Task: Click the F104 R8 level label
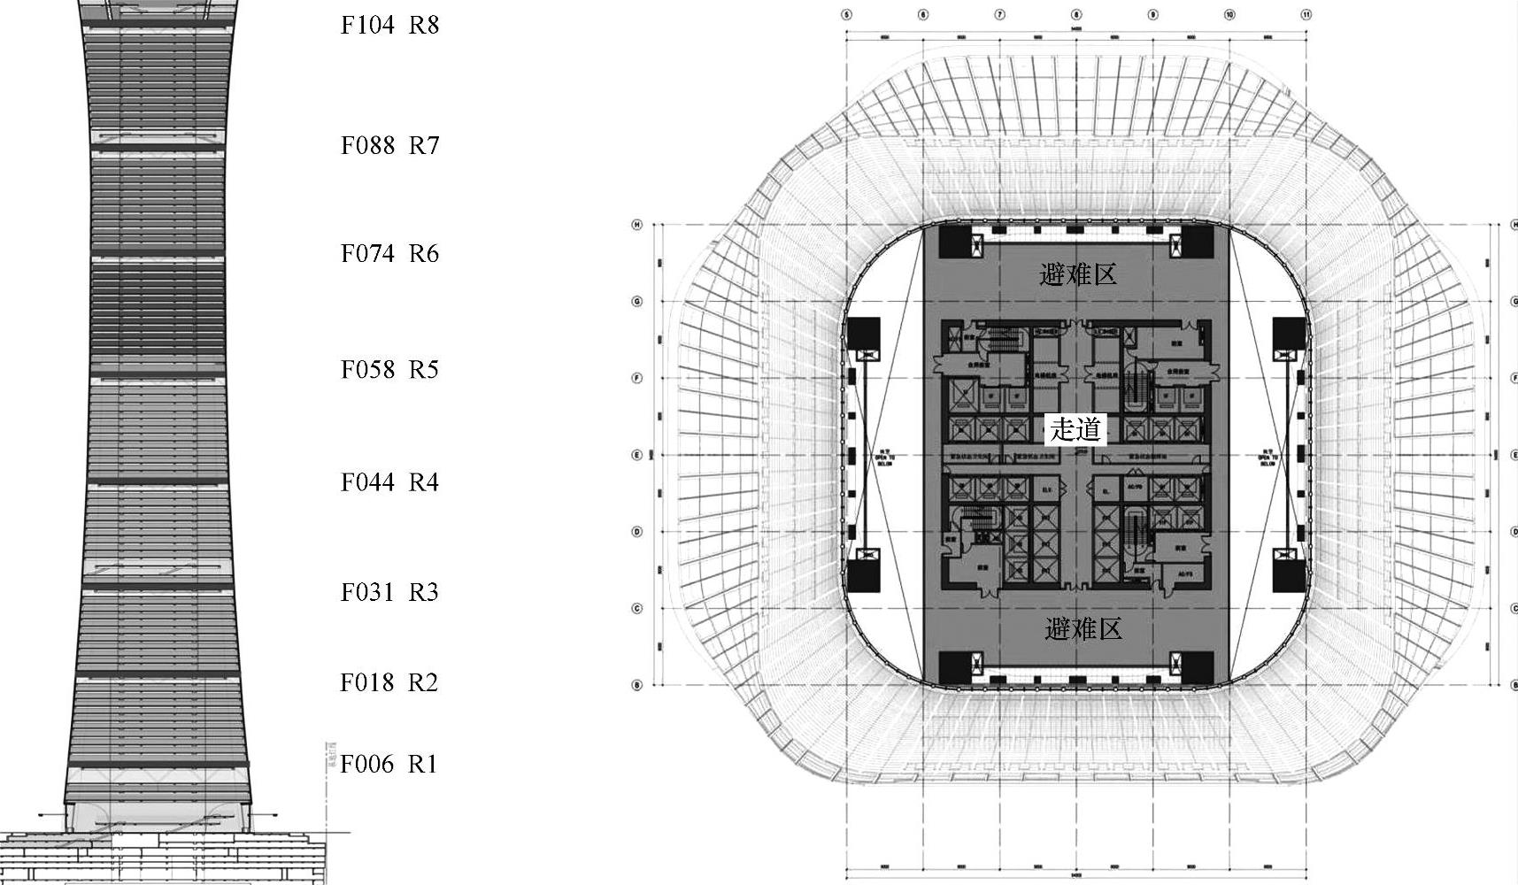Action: [x=389, y=25]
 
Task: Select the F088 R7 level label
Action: [x=389, y=145]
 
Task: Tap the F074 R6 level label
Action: [x=389, y=254]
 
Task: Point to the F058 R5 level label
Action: [x=389, y=369]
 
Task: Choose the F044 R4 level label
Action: [x=389, y=482]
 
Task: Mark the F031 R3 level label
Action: [x=389, y=592]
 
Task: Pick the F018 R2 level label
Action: [x=389, y=682]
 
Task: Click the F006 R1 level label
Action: [x=389, y=764]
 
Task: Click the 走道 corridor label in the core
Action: [x=1075, y=430]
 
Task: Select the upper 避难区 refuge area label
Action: [x=1078, y=274]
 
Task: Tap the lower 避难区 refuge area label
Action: [x=1083, y=629]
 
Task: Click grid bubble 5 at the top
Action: [x=846, y=15]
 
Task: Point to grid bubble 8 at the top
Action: [x=1076, y=15]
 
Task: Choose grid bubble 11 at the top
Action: [x=1306, y=15]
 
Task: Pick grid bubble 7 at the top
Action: [x=999, y=15]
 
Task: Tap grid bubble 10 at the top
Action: [x=1229, y=15]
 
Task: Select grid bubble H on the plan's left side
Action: [x=636, y=225]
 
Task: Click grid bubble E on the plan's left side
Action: [x=636, y=455]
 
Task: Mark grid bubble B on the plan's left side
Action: [x=636, y=685]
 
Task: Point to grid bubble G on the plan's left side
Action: [x=636, y=302]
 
